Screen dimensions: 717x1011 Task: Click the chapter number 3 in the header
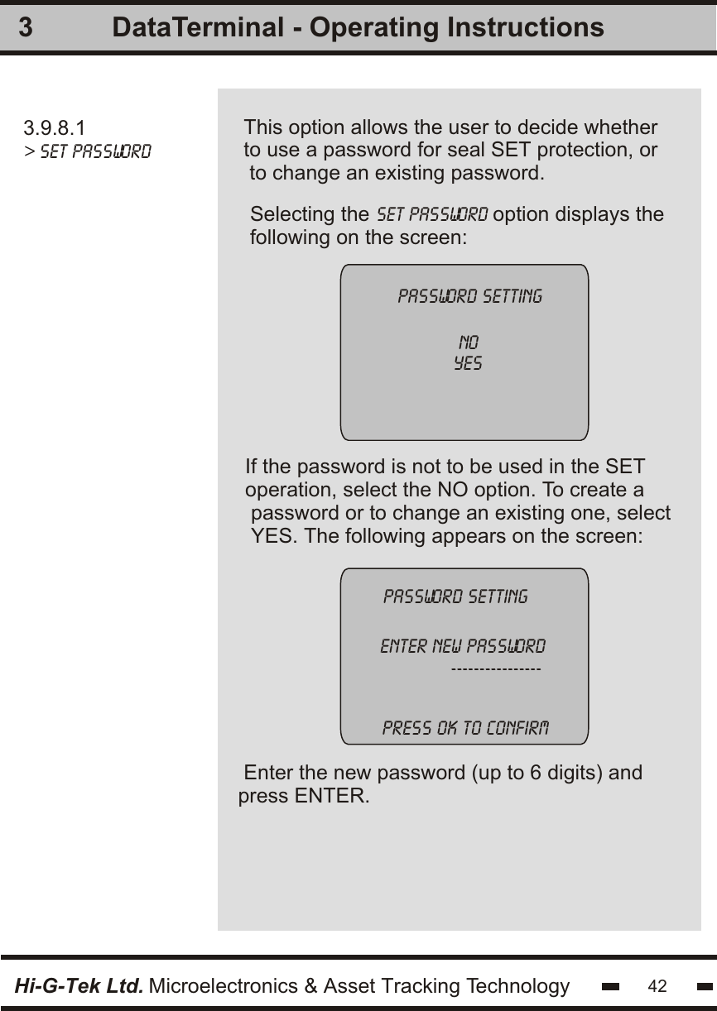coord(26,28)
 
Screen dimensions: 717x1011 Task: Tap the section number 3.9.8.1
coord(54,128)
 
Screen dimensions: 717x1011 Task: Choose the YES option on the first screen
coord(469,363)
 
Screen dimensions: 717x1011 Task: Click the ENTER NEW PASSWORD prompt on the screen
coord(462,645)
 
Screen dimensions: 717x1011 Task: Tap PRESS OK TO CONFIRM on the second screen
coord(464,729)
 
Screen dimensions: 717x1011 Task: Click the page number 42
coord(657,986)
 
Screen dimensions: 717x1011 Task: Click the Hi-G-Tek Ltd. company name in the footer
coord(79,986)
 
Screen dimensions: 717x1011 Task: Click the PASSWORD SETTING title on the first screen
coord(470,296)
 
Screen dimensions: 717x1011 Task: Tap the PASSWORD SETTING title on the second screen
coord(455,597)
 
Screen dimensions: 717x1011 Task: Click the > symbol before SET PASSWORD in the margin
coord(29,152)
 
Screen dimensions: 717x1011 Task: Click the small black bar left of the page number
coord(612,987)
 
